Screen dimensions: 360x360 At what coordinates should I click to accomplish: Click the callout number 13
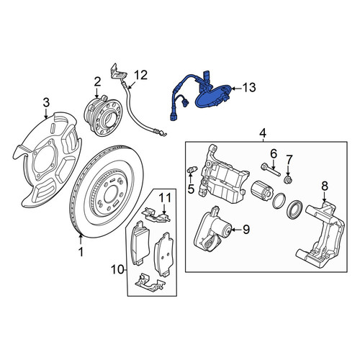tap(249, 88)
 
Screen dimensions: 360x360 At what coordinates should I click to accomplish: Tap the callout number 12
tap(140, 75)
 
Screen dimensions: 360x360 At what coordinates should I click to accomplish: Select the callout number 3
tap(46, 102)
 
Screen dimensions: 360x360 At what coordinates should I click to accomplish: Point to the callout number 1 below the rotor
tap(81, 252)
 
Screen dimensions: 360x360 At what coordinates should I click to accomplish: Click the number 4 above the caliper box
tap(263, 132)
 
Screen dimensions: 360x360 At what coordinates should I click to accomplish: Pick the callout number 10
tap(117, 270)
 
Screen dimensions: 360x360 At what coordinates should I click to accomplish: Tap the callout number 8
tap(325, 186)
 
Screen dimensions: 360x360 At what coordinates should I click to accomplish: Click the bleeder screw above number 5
tap(192, 170)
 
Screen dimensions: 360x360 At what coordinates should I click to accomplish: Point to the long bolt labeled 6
tap(271, 170)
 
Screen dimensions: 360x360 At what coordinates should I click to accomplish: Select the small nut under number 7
tap(288, 179)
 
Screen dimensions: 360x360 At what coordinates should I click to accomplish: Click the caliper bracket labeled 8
tap(320, 235)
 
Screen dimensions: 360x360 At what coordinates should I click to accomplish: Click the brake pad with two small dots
tap(163, 254)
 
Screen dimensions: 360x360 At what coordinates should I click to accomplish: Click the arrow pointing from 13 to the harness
tap(237, 89)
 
